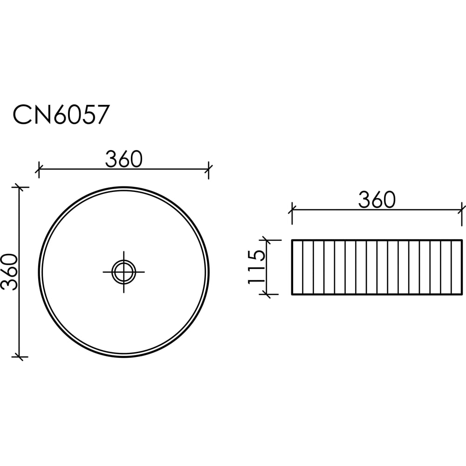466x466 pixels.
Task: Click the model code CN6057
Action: [61, 115]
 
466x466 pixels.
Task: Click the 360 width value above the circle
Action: [124, 159]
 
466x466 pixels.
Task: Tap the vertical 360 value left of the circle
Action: [10, 272]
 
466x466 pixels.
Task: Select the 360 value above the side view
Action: [377, 200]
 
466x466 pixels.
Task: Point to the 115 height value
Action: [256, 267]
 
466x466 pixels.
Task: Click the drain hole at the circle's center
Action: [123, 272]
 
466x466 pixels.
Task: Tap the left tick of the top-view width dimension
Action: [39, 169]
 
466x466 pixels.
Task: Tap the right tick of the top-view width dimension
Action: [209, 169]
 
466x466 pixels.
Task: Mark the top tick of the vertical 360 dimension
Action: [20, 187]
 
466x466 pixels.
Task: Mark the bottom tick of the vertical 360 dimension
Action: [20, 356]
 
